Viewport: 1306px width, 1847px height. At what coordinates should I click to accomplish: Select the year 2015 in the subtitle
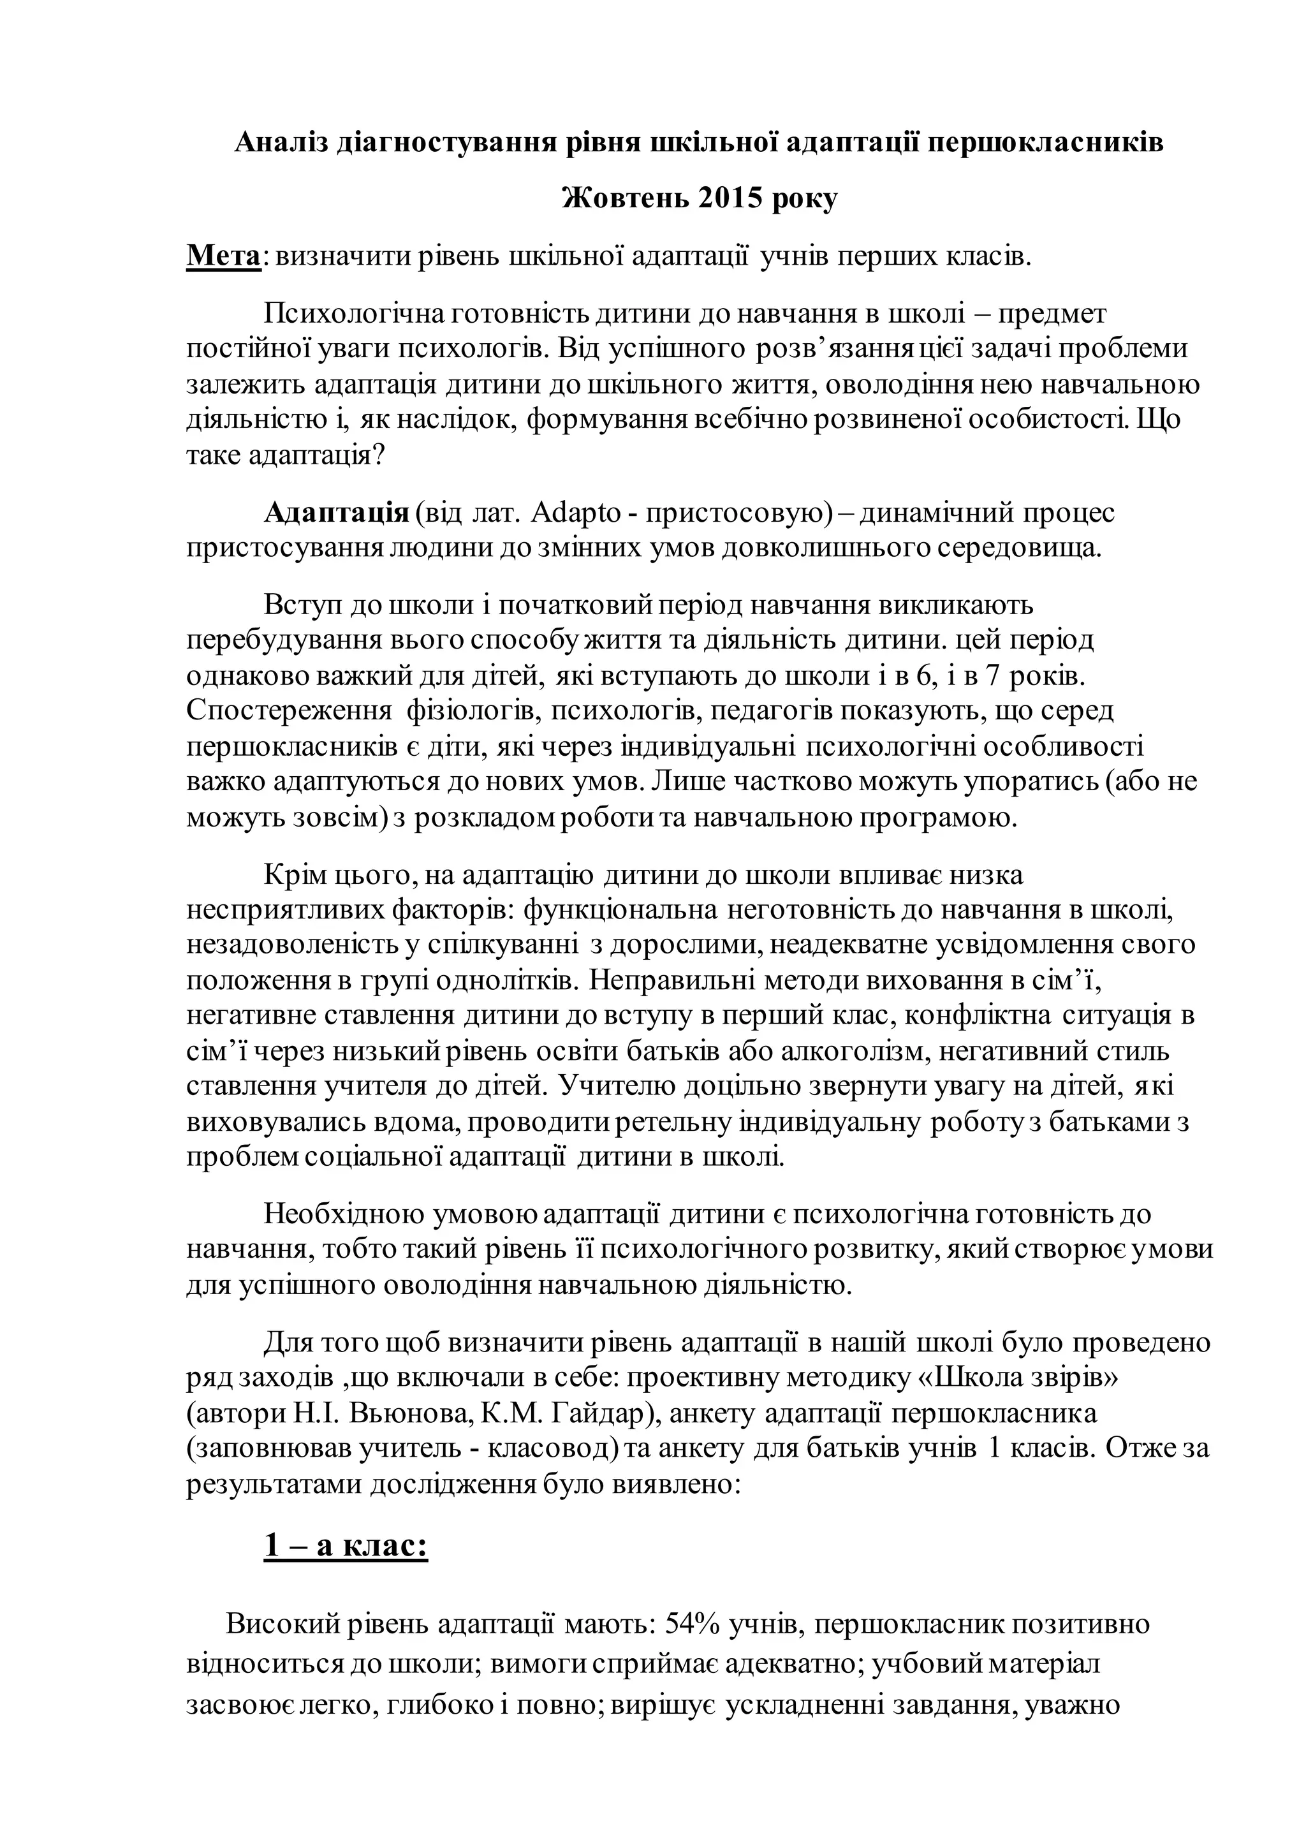pyautogui.click(x=730, y=198)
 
